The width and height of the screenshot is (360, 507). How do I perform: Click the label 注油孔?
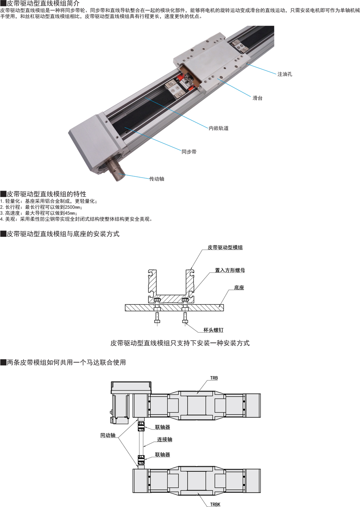[284, 74]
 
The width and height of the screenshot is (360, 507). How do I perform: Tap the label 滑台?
[258, 98]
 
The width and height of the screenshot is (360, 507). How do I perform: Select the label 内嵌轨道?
[218, 129]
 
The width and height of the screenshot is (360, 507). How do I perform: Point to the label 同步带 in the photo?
[189, 152]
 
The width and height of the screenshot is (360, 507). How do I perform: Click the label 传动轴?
[157, 179]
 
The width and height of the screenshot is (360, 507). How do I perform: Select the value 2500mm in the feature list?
[72, 207]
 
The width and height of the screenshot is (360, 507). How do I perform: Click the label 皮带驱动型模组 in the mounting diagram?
[225, 248]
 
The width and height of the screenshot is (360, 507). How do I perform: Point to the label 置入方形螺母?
[230, 270]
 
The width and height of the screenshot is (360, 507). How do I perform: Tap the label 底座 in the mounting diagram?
[239, 288]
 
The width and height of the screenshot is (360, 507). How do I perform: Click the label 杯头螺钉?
[213, 330]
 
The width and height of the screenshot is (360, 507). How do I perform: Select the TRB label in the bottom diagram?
[214, 378]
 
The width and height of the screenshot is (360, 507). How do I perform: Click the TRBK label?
[215, 505]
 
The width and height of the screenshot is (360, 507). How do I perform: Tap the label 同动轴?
[108, 435]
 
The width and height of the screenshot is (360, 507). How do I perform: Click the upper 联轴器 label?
[162, 427]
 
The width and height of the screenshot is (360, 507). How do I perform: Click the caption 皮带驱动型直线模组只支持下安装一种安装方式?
[180, 343]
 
